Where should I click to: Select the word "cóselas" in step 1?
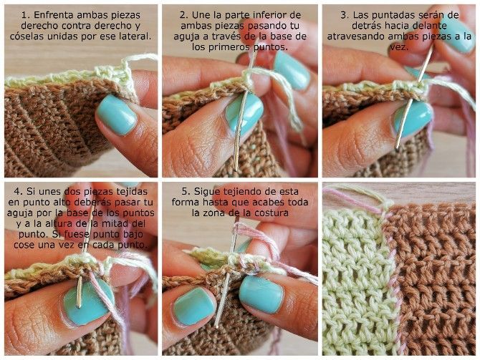(33, 35)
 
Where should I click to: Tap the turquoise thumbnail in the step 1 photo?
(116, 115)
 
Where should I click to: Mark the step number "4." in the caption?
(16, 193)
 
